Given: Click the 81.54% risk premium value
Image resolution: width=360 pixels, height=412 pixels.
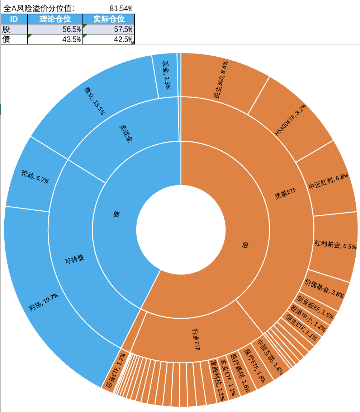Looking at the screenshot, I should [121, 8].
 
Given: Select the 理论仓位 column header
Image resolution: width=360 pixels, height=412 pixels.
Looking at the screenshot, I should [55, 19].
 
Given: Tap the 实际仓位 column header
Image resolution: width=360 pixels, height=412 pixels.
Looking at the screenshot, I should [109, 19].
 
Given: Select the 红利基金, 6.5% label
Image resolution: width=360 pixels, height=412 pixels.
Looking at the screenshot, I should [335, 245].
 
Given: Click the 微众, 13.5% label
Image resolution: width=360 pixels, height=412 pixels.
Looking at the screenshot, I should [94, 100].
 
